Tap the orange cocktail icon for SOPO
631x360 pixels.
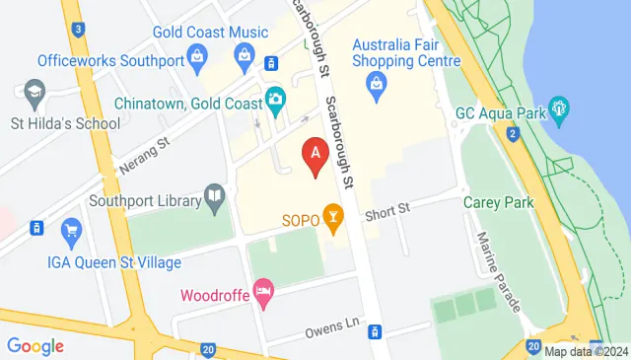(x=335, y=218)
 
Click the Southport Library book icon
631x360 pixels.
(x=214, y=197)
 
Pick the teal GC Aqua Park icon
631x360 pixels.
(x=559, y=107)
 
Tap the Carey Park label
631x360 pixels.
(x=498, y=202)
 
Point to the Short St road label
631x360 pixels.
(x=385, y=207)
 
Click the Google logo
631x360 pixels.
(x=35, y=346)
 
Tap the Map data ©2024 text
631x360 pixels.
(x=586, y=351)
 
